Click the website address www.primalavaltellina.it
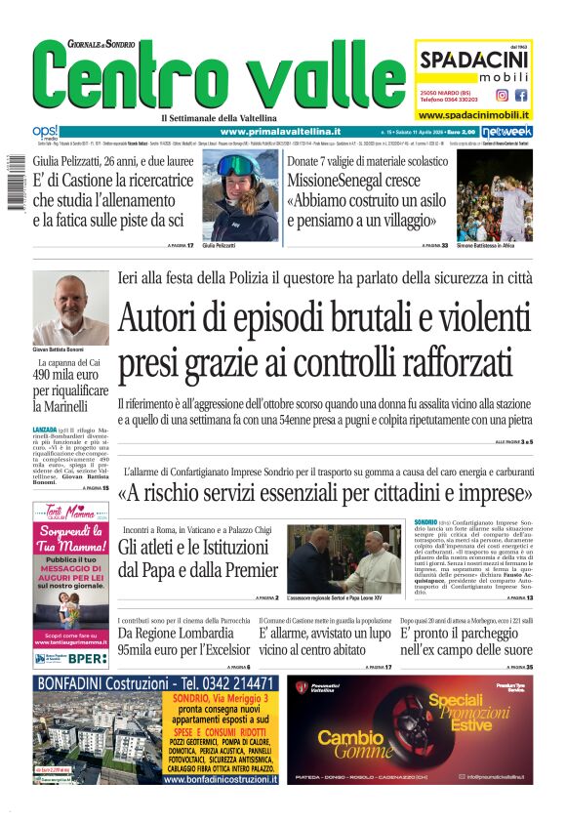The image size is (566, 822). pos(280,131)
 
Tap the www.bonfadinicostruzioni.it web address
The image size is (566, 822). pos(220,779)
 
